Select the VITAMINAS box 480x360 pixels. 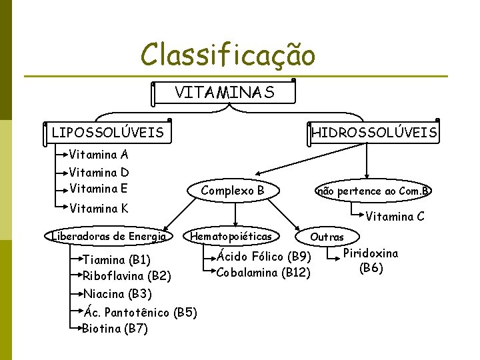[x=224, y=93]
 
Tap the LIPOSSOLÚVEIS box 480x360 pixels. [x=107, y=132]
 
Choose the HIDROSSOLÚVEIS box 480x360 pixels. [x=374, y=132]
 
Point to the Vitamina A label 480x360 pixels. [x=99, y=155]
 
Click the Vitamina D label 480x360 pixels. [x=99, y=173]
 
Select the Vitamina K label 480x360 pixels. [x=99, y=208]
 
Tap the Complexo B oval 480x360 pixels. [x=233, y=191]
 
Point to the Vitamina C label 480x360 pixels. [x=395, y=216]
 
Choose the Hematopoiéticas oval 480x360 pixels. [x=231, y=236]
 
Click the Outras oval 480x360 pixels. [x=327, y=237]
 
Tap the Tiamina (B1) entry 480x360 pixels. [x=116, y=259]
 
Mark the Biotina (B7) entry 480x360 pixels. [x=115, y=328]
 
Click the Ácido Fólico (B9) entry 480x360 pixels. [x=264, y=256]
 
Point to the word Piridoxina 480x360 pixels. [x=371, y=253]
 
